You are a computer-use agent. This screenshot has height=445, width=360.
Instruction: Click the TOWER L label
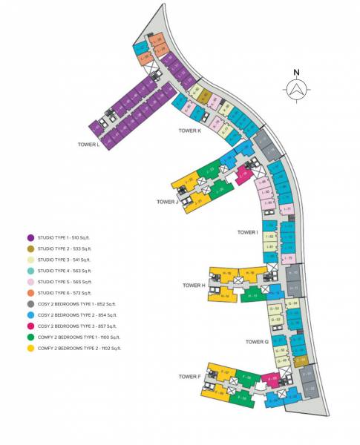coord(88,145)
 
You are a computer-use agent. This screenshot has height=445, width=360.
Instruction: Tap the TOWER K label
coord(189,131)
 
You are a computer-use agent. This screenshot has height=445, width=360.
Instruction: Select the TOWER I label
coord(247,232)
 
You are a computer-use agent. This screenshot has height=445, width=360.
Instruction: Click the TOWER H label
coord(194,285)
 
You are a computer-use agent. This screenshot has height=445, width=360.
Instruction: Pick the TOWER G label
coord(257,342)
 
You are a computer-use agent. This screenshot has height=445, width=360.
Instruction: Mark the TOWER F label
coord(190,377)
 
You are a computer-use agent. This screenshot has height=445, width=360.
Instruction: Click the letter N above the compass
coord(295,72)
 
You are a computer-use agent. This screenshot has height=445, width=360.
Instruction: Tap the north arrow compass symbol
coord(295,89)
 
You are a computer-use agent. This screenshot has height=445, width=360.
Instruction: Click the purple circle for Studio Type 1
coord(30,237)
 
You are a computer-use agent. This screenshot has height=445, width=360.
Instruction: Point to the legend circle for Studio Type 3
coord(30,260)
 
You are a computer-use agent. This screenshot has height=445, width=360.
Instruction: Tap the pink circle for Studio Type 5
coord(30,282)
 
